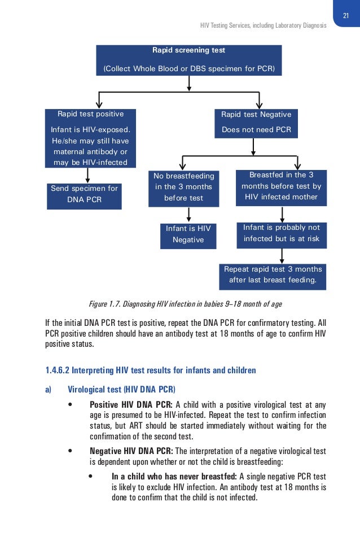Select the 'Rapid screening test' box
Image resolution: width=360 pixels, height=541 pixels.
click(x=188, y=59)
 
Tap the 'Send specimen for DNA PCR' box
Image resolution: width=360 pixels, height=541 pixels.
click(x=84, y=194)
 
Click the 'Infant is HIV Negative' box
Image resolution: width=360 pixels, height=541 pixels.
click(x=188, y=234)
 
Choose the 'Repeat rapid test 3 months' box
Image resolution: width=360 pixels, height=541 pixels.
click(x=273, y=275)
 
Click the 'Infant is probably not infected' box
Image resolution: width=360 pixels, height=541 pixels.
click(x=281, y=233)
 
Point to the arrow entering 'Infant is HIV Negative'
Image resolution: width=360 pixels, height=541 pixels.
click(x=188, y=215)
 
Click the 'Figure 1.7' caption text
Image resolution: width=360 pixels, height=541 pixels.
click(x=186, y=304)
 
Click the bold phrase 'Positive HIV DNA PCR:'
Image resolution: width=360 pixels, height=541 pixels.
click(x=131, y=404)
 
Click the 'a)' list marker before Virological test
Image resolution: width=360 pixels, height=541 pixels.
click(x=49, y=389)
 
